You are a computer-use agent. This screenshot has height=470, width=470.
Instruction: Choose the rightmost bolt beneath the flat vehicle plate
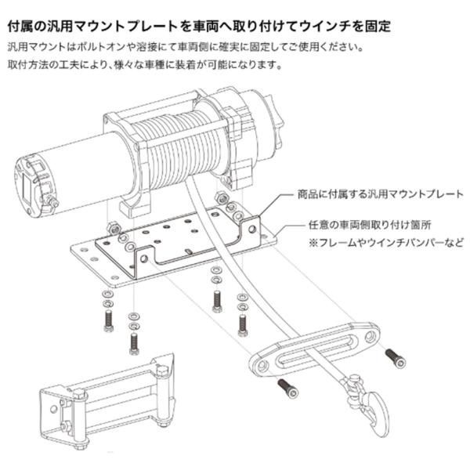(243, 321)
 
